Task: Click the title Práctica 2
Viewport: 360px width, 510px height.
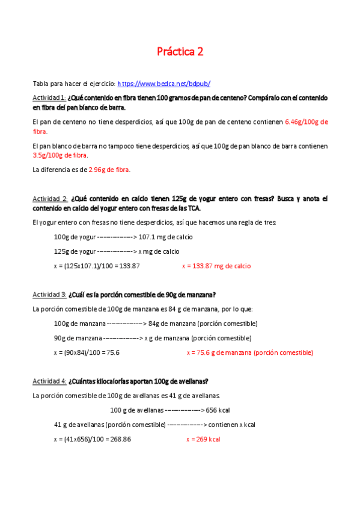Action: (180, 52)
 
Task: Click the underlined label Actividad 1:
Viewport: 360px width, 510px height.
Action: (49, 97)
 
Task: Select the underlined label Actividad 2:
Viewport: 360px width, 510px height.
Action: (50, 198)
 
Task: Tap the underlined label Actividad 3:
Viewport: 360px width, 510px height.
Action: (49, 295)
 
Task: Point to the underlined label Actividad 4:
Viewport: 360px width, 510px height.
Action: (49, 381)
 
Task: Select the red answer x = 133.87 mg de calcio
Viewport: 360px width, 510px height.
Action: (216, 266)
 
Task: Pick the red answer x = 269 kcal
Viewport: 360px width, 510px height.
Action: (203, 439)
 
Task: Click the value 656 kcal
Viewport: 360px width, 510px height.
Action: (218, 410)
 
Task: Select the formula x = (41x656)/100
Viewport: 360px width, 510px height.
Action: (93, 439)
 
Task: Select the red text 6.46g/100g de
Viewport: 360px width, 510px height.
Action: (306, 121)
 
